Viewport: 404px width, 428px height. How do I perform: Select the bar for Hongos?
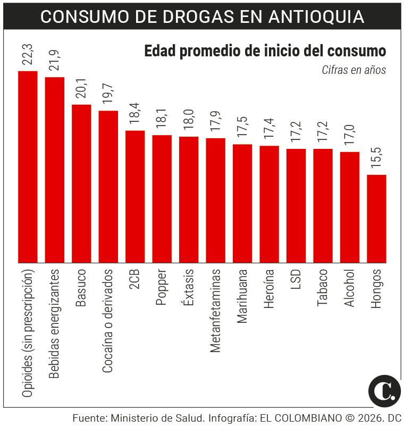point(376,219)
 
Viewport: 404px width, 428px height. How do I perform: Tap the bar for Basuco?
point(81,183)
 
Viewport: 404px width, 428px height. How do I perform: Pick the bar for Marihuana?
point(242,203)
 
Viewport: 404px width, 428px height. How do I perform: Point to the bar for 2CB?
point(135,196)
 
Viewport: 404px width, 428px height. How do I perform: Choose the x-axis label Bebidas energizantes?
point(55,323)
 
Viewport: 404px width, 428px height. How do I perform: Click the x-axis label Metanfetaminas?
point(215,310)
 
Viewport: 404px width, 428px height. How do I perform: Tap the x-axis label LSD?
point(296,280)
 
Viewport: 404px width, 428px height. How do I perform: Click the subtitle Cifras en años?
point(353,70)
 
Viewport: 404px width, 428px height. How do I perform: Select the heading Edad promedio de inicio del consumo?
point(265,52)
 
